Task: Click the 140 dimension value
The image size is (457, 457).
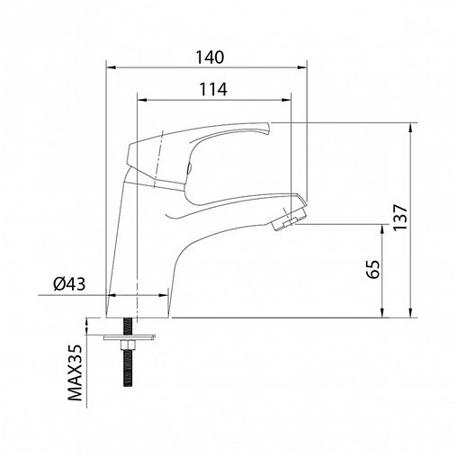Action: point(210,57)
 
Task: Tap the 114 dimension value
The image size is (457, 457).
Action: point(213,89)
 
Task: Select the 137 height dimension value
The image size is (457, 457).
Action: point(400,218)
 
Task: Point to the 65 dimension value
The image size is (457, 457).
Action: point(373,269)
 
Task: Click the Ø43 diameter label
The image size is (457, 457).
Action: point(69,284)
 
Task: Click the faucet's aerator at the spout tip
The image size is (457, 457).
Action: point(289,220)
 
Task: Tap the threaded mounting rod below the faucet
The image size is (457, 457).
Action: point(128,353)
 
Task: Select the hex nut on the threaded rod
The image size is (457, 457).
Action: point(128,346)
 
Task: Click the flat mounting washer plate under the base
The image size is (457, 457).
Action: point(130,337)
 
